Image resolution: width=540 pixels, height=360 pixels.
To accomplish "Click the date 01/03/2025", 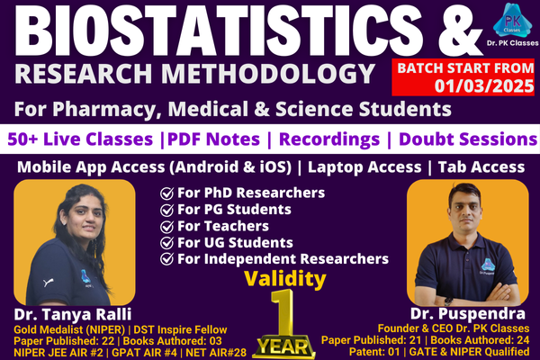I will tap(462, 85).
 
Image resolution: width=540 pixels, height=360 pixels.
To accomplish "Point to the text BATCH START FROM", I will tap(461, 67).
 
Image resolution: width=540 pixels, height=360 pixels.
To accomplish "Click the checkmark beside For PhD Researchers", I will tap(166, 193).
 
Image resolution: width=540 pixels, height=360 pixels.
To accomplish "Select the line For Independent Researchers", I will tap(283, 258).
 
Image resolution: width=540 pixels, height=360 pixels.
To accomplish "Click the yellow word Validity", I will tap(279, 279).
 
